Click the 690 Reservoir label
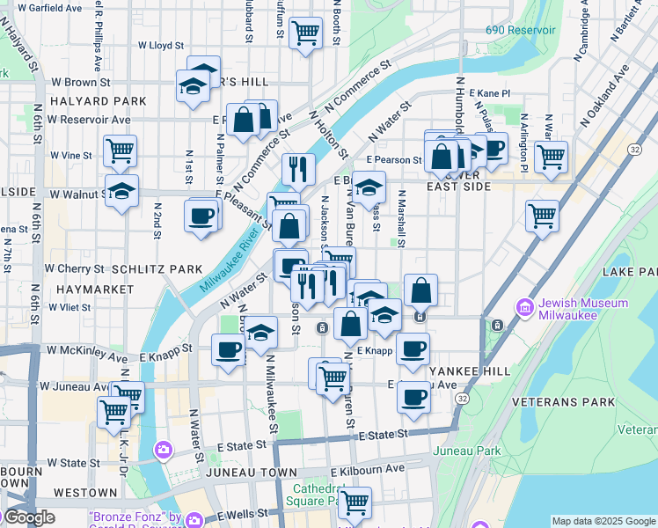click(521, 30)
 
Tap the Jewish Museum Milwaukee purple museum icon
click(526, 308)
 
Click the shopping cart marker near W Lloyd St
click(305, 33)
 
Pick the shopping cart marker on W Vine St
click(120, 150)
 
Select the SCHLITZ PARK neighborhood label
click(146, 268)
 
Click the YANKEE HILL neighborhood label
click(469, 371)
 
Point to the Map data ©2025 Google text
click(603, 521)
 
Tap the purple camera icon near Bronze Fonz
click(164, 451)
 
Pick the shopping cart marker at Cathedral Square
click(355, 502)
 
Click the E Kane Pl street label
click(490, 92)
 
